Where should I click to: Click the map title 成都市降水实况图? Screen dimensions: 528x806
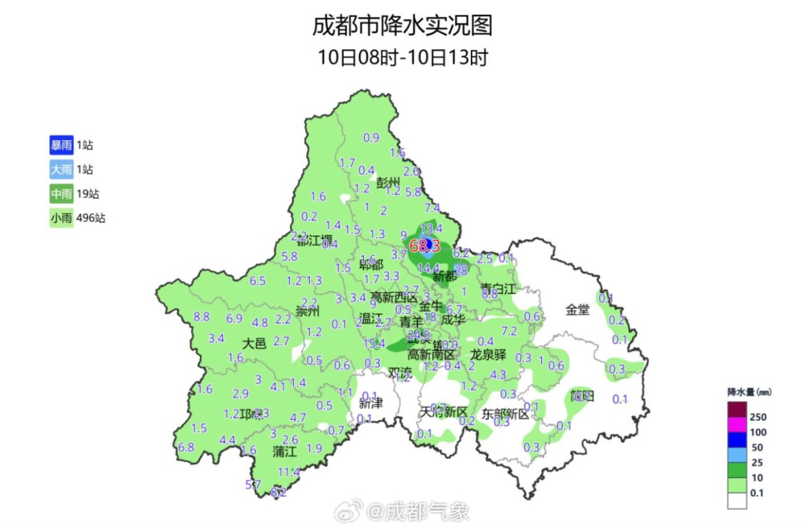[x=402, y=27]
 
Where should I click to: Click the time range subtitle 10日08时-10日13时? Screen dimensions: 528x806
[x=402, y=57]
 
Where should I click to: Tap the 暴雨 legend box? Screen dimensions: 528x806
[x=61, y=145]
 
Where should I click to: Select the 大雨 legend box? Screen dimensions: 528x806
[x=61, y=170]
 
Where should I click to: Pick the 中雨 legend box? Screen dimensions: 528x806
[x=61, y=195]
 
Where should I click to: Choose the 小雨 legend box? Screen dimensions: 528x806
[x=61, y=219]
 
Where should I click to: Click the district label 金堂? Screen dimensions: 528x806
[x=577, y=309]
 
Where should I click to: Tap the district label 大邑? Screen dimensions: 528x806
[x=254, y=343]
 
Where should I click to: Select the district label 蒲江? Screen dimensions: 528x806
[x=284, y=451]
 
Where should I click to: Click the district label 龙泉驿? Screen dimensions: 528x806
[x=488, y=354]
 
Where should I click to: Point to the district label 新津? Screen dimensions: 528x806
[x=370, y=403]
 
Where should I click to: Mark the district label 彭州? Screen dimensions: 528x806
[x=388, y=183]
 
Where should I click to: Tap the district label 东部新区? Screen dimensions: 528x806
[x=510, y=413]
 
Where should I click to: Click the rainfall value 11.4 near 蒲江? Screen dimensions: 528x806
[x=288, y=472]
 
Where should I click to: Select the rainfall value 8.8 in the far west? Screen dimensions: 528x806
[x=201, y=317]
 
